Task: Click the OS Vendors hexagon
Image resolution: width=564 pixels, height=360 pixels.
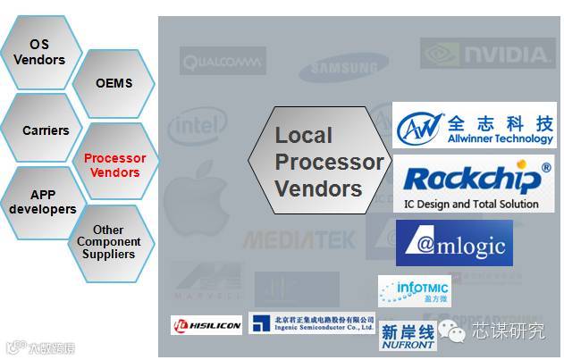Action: [x=39, y=52]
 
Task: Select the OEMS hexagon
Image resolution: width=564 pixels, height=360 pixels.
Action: [x=114, y=83]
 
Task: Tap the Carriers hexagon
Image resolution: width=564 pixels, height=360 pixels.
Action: [x=45, y=130]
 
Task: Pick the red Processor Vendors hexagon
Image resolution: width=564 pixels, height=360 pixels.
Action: [x=114, y=165]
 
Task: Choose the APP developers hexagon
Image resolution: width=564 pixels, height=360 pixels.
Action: [x=41, y=202]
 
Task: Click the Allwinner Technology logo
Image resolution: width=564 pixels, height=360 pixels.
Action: [x=474, y=126]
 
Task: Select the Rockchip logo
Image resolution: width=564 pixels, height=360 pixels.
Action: [x=474, y=183]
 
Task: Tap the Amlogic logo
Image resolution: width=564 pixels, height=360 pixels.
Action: [x=454, y=243]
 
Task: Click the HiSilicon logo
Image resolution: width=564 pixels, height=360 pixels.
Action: [x=206, y=325]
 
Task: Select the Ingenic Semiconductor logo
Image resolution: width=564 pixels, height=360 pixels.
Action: [x=311, y=322]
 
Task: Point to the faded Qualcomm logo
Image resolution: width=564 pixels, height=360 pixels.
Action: [x=223, y=61]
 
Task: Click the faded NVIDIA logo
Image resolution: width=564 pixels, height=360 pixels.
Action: [x=487, y=54]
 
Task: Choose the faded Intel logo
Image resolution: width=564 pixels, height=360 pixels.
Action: [x=198, y=126]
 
